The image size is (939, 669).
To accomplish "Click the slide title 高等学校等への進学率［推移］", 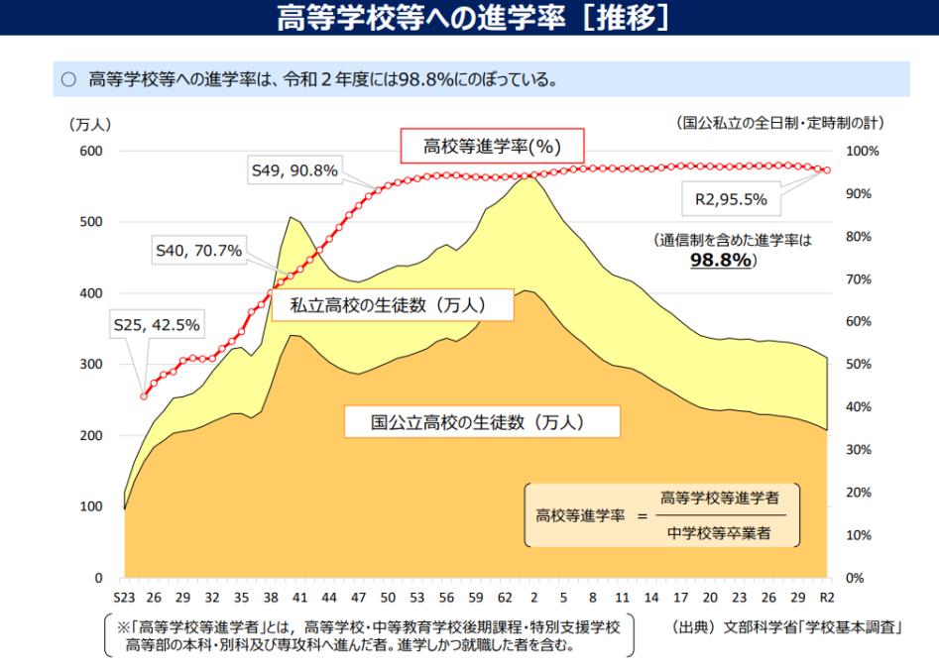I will click(x=471, y=17).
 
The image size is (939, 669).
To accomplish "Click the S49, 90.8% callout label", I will click(x=294, y=170).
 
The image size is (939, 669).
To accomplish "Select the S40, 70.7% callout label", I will click(x=198, y=251).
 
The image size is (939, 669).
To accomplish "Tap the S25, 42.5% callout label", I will click(x=156, y=324).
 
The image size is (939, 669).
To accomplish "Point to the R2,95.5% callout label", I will click(x=731, y=198).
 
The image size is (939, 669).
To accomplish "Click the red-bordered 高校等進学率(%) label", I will click(x=492, y=147).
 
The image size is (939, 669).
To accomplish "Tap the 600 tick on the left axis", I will click(x=91, y=151).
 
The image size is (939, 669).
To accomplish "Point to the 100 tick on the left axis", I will click(x=91, y=506).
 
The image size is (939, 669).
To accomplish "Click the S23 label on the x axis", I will click(x=124, y=598).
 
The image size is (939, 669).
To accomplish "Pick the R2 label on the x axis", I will click(x=826, y=598).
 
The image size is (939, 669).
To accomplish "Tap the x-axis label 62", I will click(x=505, y=598).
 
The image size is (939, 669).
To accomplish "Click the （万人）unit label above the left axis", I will click(x=90, y=124).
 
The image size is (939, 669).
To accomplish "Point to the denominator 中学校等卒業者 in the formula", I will click(x=719, y=533).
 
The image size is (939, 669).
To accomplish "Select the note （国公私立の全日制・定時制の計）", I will click(x=780, y=124).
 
